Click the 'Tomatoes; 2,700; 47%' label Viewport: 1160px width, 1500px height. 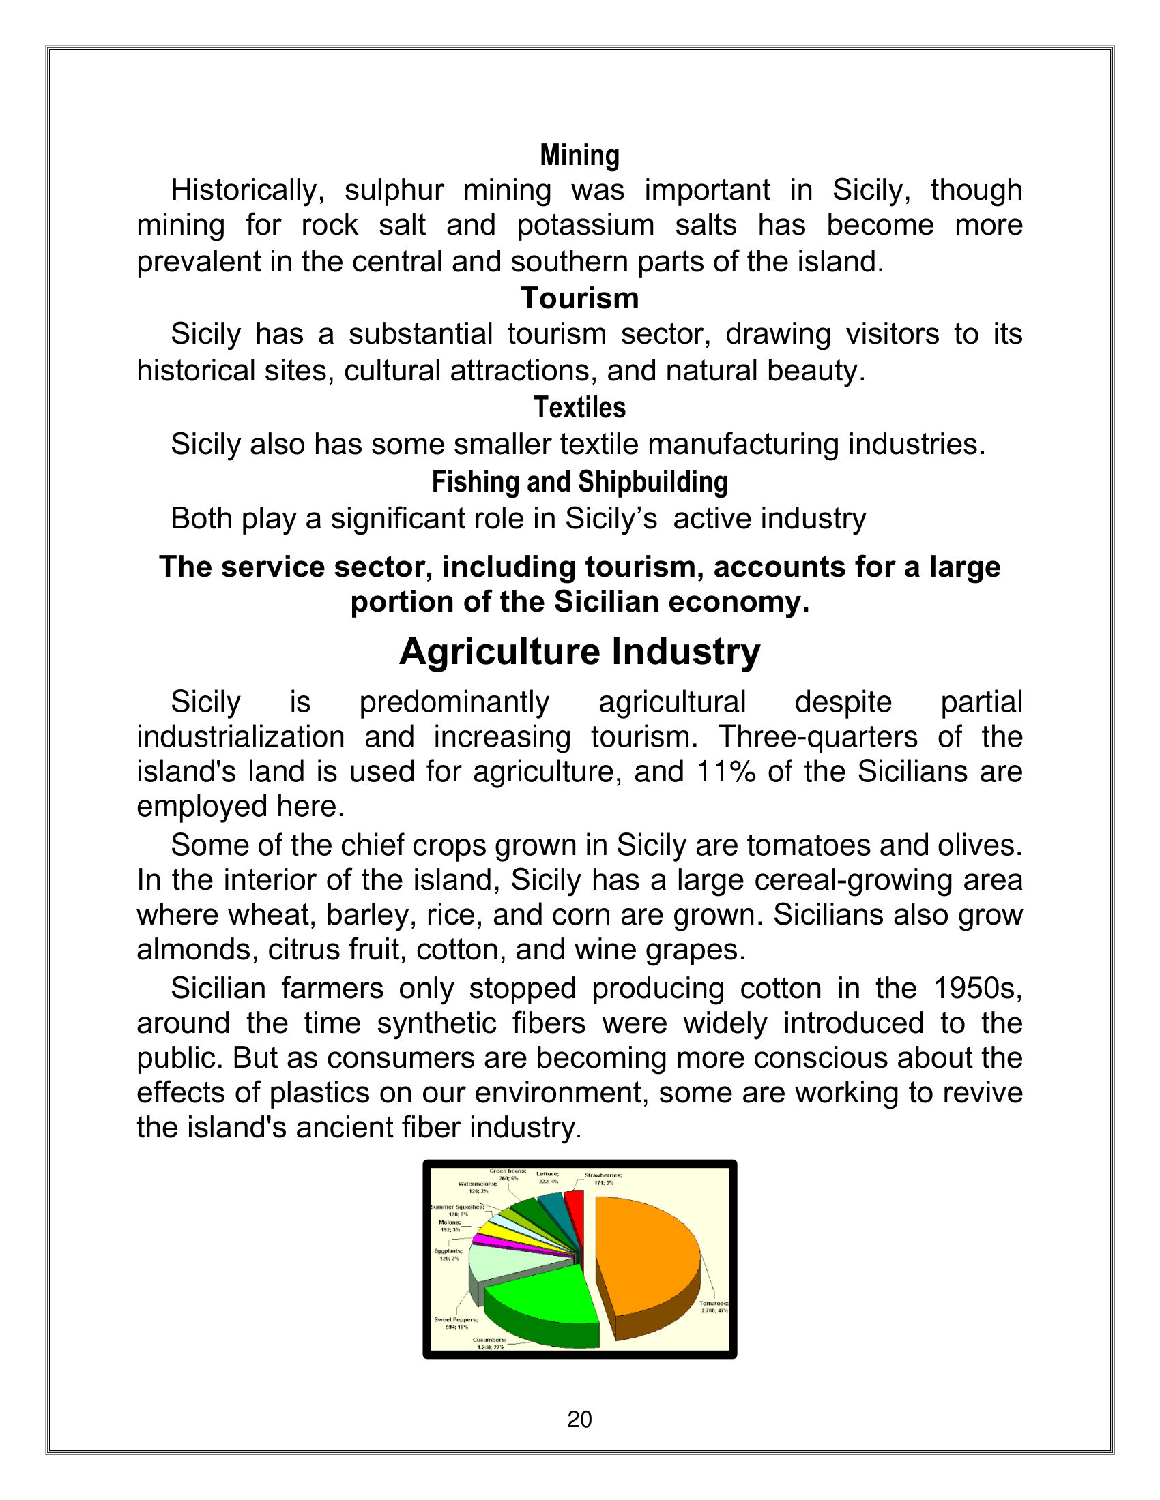[x=713, y=1307]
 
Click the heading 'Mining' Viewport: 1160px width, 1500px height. [x=579, y=155]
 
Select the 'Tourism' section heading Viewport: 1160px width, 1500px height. [x=579, y=298]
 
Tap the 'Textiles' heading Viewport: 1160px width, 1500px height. [x=579, y=408]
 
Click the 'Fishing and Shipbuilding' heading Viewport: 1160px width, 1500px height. [x=579, y=482]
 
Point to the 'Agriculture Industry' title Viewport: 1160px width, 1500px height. [x=579, y=651]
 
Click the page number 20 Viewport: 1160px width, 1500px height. [x=579, y=1419]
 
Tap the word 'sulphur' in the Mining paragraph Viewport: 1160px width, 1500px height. [x=394, y=190]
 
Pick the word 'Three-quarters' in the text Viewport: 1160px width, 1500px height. [x=817, y=737]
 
